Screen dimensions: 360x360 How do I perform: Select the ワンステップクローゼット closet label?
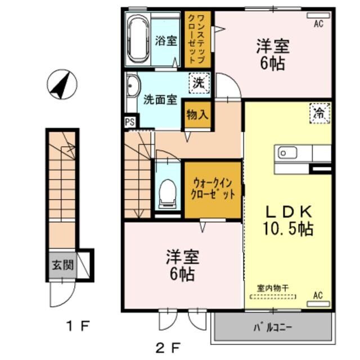point(197,39)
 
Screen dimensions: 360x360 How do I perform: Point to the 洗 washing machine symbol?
point(199,83)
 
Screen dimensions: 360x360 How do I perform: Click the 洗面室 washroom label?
point(160,100)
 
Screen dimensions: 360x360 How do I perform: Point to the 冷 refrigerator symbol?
point(319,112)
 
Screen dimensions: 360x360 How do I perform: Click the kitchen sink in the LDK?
point(286,152)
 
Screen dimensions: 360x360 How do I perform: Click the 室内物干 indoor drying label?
point(273,287)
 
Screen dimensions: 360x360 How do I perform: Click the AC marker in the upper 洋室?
point(318,24)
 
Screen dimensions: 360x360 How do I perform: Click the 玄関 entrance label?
point(61,265)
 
